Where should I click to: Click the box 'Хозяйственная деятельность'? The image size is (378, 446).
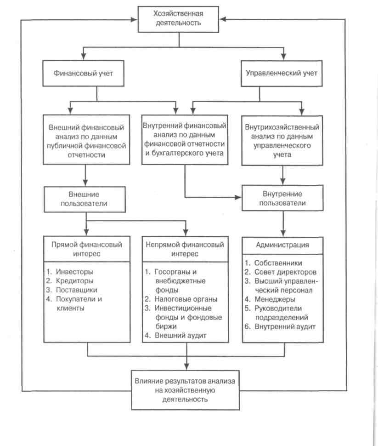(178, 19)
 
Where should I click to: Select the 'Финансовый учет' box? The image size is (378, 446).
(83, 73)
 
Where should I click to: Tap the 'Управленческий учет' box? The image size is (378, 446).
(282, 73)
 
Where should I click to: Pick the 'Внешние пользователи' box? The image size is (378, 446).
(85, 199)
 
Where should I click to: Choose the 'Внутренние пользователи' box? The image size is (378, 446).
(282, 198)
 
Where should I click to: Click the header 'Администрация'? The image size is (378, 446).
(282, 245)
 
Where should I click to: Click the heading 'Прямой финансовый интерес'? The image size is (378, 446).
(87, 249)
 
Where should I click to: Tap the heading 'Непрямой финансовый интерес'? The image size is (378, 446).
(185, 249)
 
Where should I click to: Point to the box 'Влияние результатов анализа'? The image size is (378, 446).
(185, 390)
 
